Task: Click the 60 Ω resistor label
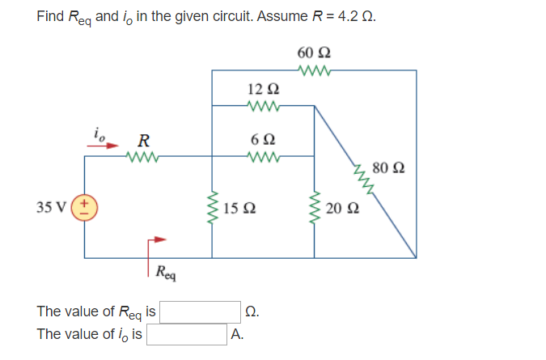(x=313, y=54)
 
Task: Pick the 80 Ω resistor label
(x=389, y=169)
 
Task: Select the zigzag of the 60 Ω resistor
(x=313, y=70)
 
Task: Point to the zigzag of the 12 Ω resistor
(x=264, y=105)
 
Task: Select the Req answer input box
(x=201, y=311)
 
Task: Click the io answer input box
(x=186, y=334)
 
